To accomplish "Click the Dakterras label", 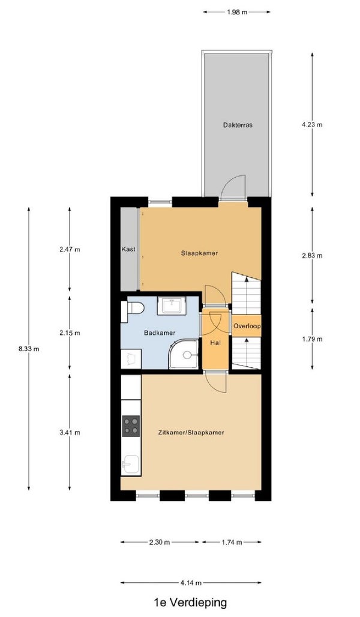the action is click(x=237, y=125).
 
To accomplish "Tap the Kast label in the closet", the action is click(x=128, y=249).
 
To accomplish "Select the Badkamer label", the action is click(x=160, y=333).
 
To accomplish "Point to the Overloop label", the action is click(x=247, y=327).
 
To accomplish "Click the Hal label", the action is click(x=215, y=343).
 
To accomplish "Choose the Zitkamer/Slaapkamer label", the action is click(x=191, y=433).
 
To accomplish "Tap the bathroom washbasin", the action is click(x=172, y=305).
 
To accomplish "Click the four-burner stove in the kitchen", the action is click(x=131, y=426).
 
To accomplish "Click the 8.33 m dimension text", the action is click(x=28, y=349).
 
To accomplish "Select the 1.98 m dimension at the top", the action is click(x=237, y=12).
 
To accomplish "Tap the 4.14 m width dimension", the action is click(x=191, y=583).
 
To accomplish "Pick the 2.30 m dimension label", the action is click(x=160, y=542).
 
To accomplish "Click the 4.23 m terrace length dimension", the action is click(x=312, y=125).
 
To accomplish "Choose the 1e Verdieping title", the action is click(x=190, y=603).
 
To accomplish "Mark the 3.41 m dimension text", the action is click(x=70, y=433).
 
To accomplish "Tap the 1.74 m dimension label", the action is click(x=232, y=542).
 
